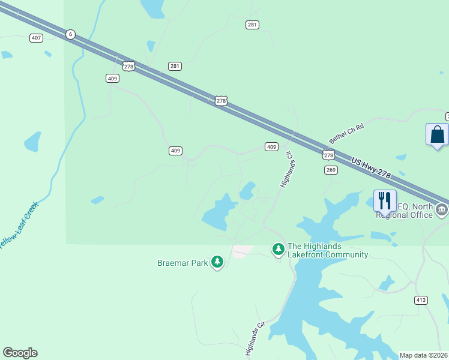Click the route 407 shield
click(37, 38)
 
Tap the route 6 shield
click(70, 34)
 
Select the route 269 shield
click(331, 170)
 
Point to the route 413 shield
click(420, 299)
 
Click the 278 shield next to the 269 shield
click(328, 155)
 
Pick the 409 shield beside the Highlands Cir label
click(271, 147)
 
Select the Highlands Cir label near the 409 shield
click(286, 169)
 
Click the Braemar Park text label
click(182, 263)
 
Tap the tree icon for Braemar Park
click(217, 262)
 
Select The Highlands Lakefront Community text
click(328, 250)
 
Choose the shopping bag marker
click(437, 134)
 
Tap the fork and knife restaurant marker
click(385, 200)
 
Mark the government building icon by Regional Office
click(442, 210)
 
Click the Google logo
click(20, 353)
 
